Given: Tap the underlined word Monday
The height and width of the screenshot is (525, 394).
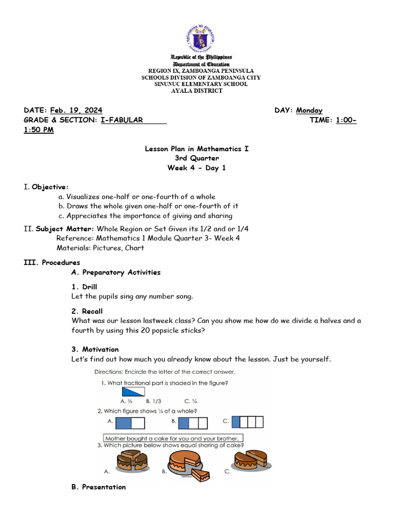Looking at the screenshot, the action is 309,110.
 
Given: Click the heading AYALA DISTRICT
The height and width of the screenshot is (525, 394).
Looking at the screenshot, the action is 197,91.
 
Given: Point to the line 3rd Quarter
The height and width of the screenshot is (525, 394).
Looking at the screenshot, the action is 197,158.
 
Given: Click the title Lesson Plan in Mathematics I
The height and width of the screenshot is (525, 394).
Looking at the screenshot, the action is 197,149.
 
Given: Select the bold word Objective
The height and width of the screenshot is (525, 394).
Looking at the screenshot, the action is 49,187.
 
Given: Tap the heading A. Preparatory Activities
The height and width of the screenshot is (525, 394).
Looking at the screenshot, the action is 116,272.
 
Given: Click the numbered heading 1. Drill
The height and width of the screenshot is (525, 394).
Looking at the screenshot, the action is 84,287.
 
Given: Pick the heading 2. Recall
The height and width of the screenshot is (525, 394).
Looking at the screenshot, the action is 87,311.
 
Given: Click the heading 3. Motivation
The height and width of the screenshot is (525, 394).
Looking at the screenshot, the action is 95,350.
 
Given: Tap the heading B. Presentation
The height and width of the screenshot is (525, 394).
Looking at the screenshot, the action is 98,487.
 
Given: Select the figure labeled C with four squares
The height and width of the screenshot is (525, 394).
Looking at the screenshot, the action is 247,422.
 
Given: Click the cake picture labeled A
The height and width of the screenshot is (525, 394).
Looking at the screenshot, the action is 132,461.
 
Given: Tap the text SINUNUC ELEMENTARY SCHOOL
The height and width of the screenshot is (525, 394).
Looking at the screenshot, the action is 201,84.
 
